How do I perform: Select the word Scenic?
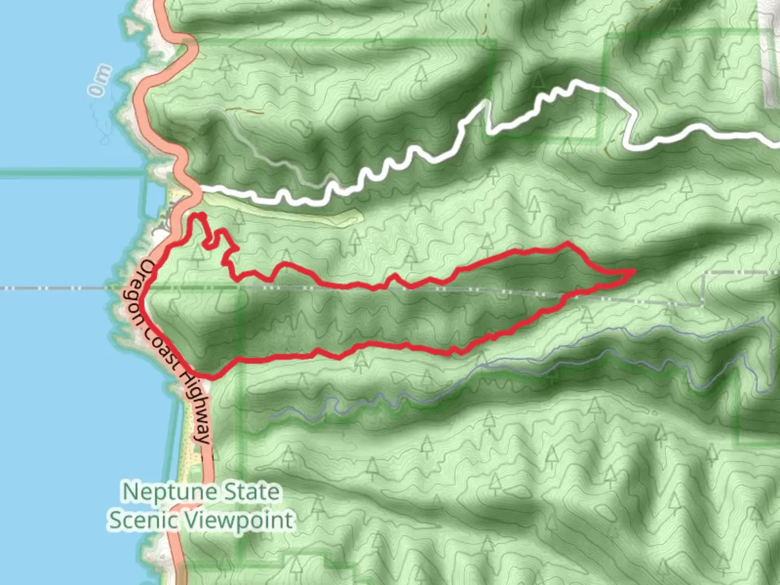tap(144, 520)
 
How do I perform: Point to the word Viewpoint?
tap(239, 520)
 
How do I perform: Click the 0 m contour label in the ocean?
tap(100, 81)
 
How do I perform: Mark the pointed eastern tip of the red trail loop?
tap(634, 270)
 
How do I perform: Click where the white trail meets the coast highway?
tap(198, 188)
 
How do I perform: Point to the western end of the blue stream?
tap(271, 416)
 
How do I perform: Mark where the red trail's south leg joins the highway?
tap(209, 376)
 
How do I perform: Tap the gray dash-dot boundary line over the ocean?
tap(54, 288)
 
